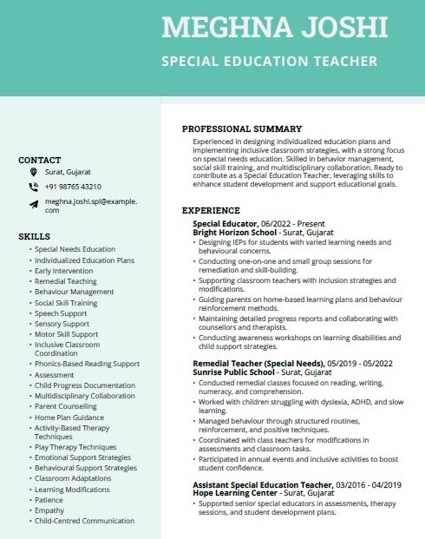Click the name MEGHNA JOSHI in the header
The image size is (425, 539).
275,27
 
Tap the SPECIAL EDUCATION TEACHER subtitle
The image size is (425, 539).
269,62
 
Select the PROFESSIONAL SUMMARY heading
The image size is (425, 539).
241,128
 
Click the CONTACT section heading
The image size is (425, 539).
40,160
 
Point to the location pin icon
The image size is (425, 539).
33,174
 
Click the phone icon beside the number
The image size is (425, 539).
33,187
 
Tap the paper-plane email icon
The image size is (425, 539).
33,203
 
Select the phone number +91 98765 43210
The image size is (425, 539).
73,187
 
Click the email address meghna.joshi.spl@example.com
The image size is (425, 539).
91,206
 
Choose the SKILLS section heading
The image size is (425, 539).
34,236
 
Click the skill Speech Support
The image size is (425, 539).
61,313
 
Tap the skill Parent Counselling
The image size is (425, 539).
66,406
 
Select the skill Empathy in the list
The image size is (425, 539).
49,510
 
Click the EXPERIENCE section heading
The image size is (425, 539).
211,210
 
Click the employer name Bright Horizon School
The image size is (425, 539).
234,233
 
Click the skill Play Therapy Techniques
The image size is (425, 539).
75,447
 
